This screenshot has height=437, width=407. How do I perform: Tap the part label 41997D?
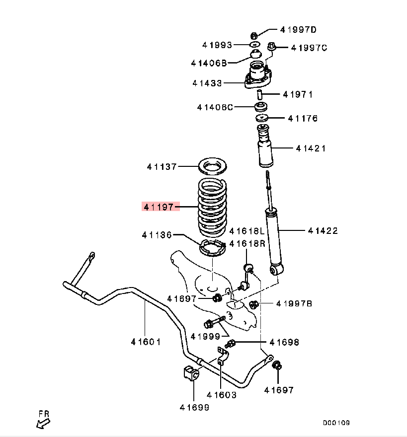[298, 30]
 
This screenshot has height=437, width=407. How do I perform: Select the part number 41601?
[146, 342]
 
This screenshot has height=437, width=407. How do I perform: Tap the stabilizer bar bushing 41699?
[191, 373]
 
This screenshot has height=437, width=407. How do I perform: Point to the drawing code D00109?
[336, 423]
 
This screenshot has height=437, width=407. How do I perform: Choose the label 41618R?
[247, 244]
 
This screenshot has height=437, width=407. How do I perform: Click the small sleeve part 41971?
[260, 94]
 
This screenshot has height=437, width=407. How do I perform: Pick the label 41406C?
[215, 107]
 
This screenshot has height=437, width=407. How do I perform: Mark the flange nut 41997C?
[272, 47]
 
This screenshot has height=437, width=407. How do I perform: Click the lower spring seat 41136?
[211, 247]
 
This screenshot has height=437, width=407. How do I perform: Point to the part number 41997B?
[294, 304]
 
